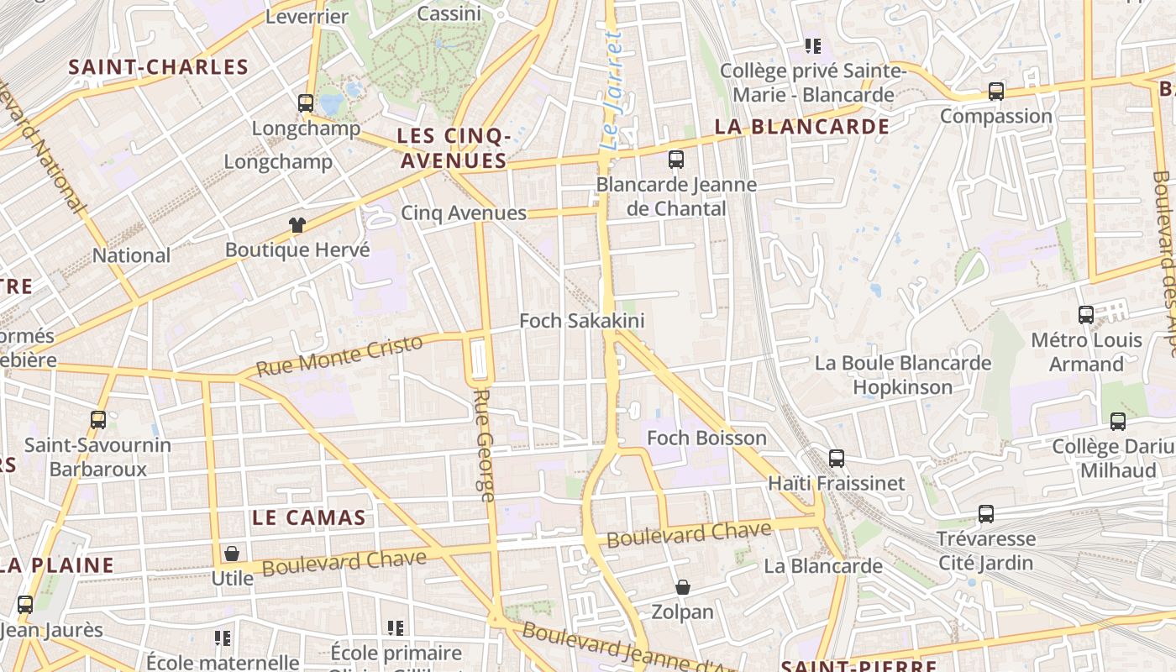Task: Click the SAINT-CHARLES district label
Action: coord(159,67)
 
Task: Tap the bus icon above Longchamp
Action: coord(306,103)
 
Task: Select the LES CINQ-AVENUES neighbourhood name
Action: coord(454,148)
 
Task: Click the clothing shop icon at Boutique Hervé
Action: coord(297,225)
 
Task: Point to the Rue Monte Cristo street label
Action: coord(339,356)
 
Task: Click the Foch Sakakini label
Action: coord(582,321)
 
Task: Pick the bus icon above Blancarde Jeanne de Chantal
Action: coord(676,160)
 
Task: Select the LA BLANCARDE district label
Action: coord(801,127)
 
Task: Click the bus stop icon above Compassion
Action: coord(996,91)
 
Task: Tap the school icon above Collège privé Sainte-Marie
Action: coord(812,45)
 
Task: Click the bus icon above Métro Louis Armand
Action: coord(1086,315)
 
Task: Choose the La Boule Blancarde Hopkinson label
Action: coord(903,375)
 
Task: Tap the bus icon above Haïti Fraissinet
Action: coord(837,459)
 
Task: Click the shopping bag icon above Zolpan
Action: coord(683,587)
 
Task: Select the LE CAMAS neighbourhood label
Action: coord(309,517)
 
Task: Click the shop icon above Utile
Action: coord(232,554)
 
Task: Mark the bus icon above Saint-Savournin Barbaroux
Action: coord(98,420)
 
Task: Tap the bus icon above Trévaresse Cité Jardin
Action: coord(986,513)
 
